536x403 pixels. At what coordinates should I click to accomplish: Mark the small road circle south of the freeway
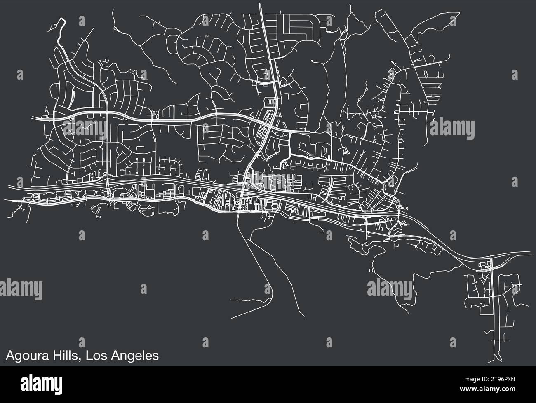(371, 270)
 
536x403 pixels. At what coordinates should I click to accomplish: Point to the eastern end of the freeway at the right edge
(531, 252)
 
